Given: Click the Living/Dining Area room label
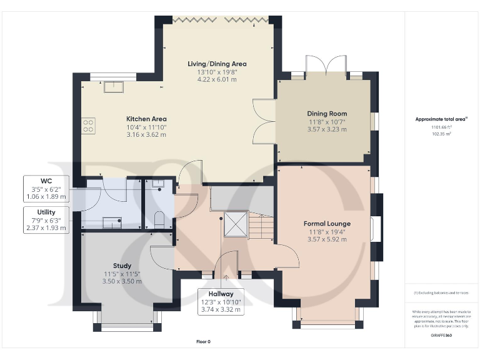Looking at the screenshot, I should [217, 64].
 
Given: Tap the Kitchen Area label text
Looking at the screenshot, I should [146, 119].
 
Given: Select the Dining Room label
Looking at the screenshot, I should [327, 114].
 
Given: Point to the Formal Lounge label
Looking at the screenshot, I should [327, 223].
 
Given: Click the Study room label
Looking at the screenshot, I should [122, 266].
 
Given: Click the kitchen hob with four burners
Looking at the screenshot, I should [88, 126].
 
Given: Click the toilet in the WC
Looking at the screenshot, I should [159, 219].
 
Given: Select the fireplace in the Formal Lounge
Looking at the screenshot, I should [375, 228].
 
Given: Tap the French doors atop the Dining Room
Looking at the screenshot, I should [326, 66].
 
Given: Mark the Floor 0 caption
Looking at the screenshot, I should [203, 341].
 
